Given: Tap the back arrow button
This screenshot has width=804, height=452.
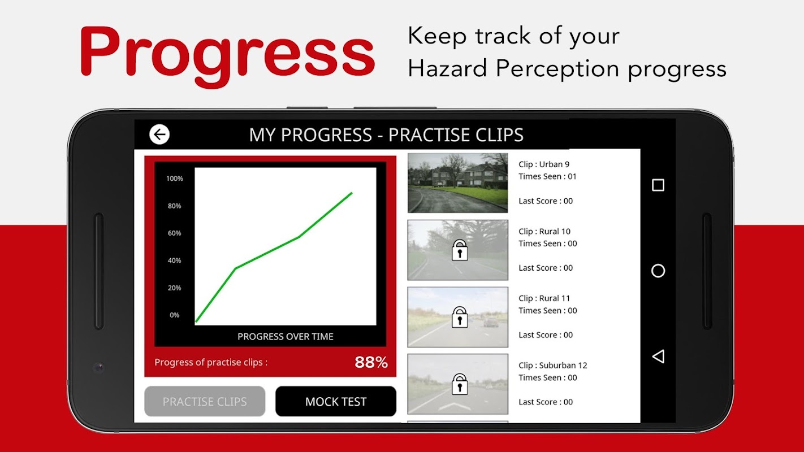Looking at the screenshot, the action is pos(159,134).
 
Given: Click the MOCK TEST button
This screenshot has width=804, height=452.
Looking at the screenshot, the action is pos(336,401).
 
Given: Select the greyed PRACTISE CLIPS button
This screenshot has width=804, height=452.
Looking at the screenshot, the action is pos(205,401).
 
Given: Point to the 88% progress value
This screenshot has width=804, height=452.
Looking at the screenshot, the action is pos(371,362).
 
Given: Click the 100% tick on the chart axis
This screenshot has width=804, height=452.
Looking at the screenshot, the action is pos(175,179).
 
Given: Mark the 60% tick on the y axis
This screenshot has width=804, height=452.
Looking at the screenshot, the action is pos(175,233).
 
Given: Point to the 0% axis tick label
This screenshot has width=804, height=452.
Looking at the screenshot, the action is pos(175,315).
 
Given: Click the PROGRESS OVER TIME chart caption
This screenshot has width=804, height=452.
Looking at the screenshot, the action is pos(286,337).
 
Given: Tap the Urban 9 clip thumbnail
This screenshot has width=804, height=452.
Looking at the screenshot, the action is pos(457,183).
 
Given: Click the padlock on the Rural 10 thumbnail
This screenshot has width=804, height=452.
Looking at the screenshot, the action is pos(460,250).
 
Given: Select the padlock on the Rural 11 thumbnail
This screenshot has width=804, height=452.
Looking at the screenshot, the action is pos(460,317).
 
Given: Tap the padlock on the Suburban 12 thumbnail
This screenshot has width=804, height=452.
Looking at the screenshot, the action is pos(460,384).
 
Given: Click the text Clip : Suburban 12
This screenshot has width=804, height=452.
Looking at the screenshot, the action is pos(553,365).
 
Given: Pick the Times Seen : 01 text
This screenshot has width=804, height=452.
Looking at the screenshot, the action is pos(547,176).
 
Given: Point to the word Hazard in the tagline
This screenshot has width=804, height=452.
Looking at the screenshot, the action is pos(447,68).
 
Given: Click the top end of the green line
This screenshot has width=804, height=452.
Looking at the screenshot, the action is pos(352,193).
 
